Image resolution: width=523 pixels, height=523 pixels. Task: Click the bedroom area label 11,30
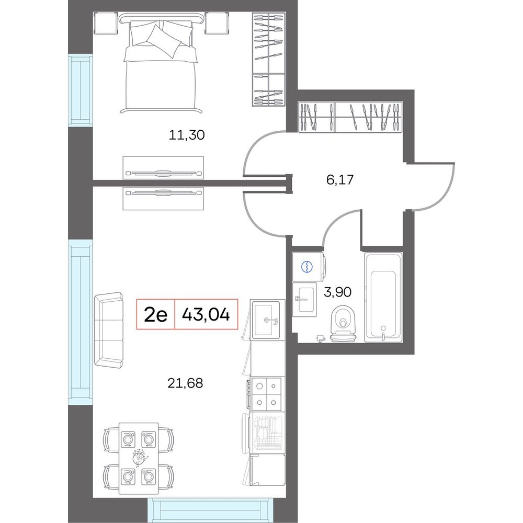coord(187,135)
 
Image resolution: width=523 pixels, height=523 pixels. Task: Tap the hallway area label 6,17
coord(339,180)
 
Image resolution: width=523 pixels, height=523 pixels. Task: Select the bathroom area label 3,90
coord(337,292)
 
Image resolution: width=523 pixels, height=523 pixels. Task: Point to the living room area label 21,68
coord(185,383)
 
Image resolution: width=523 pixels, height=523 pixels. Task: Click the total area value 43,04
coord(206,314)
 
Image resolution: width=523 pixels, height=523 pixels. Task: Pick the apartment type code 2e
coord(155,314)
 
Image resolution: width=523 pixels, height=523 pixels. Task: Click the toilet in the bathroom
coord(343,325)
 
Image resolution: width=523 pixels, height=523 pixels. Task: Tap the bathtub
coord(383,298)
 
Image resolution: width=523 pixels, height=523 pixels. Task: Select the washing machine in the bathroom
coord(309,267)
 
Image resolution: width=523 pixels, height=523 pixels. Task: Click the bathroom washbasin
coord(304,300)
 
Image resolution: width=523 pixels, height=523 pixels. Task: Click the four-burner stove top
coord(266,394)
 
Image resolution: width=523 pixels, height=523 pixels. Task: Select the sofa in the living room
coord(109,331)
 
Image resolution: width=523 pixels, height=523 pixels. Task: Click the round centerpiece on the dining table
coord(139,459)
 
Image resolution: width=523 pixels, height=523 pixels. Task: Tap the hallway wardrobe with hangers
coord(350,117)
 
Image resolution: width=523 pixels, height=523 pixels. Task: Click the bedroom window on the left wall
coord(81,90)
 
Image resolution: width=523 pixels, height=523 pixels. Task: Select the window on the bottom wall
coord(208,510)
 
